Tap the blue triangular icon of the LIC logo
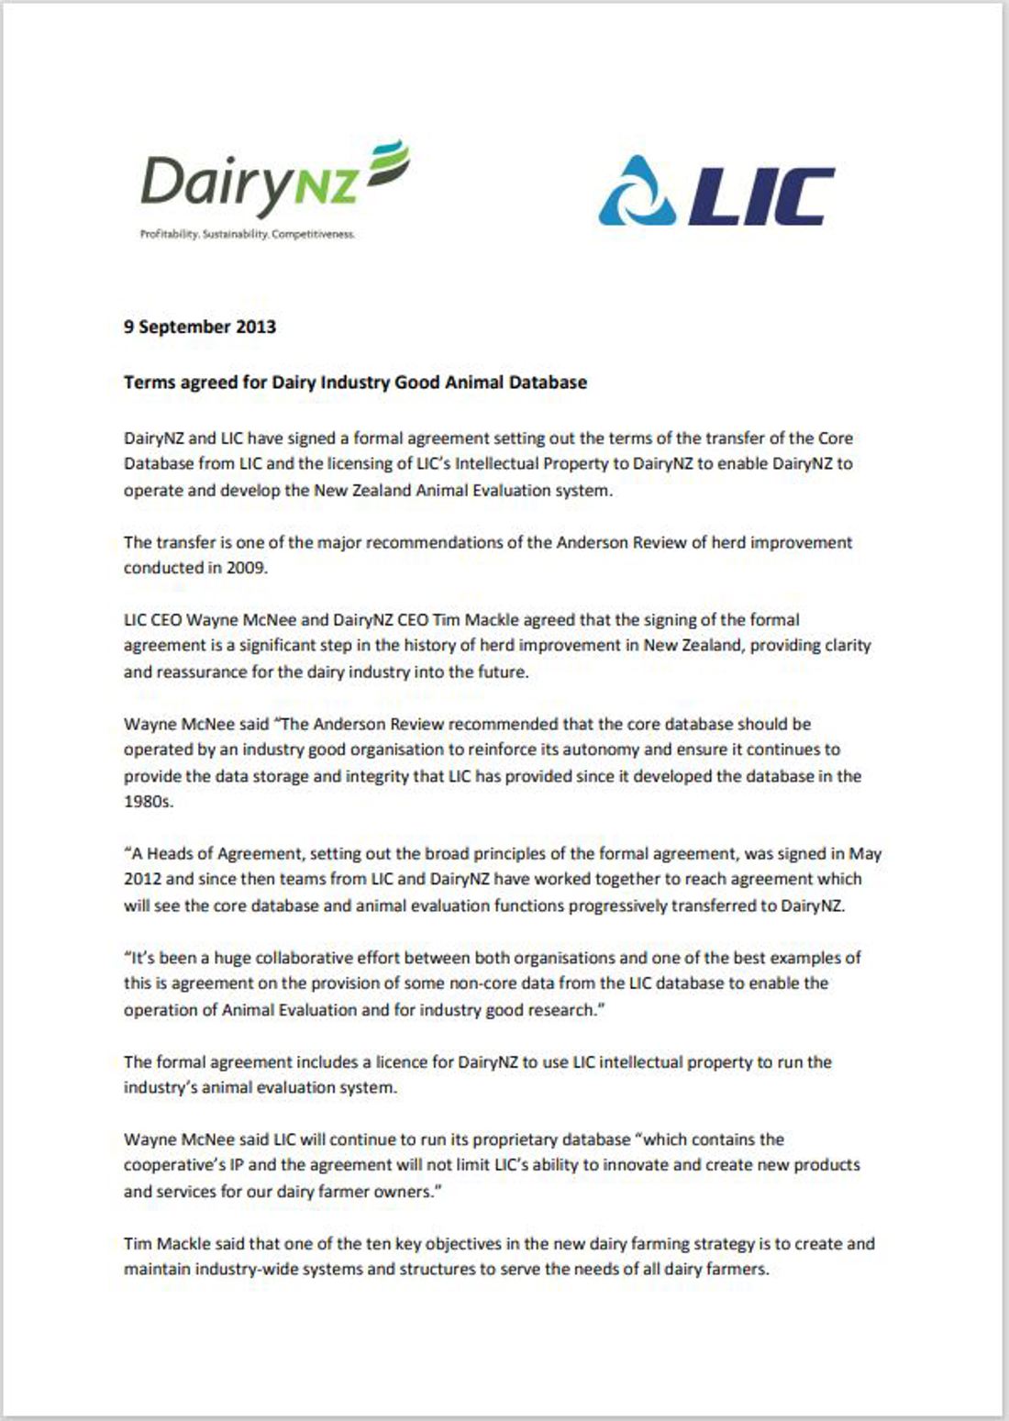(638, 193)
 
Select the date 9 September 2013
(200, 327)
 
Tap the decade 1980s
(149, 802)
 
